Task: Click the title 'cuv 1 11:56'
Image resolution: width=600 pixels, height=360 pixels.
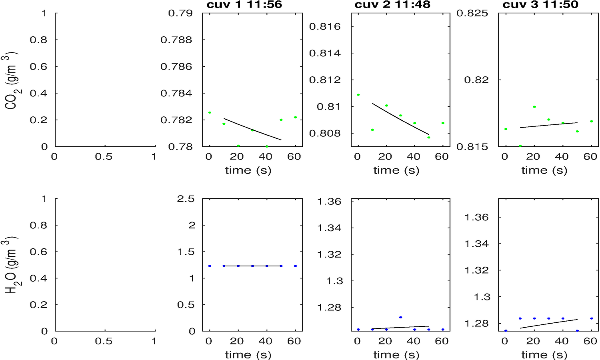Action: coord(244,5)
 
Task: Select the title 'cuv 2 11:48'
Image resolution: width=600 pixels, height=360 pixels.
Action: coord(392,5)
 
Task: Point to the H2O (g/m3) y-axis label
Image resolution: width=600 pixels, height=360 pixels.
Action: coord(11,266)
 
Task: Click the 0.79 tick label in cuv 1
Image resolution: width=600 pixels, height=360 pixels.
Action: coord(180,13)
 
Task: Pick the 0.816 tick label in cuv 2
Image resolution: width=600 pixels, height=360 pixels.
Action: coord(325,27)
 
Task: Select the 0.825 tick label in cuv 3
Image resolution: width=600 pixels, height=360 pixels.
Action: coord(472,13)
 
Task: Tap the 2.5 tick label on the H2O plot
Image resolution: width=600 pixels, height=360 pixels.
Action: coord(186,199)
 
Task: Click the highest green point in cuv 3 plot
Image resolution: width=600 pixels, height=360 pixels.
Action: coord(534,107)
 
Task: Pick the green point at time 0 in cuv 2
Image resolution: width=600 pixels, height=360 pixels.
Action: coord(358,95)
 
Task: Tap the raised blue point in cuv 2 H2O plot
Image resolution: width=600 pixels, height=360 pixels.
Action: coord(400,317)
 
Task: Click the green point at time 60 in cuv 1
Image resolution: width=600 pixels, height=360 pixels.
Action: coord(295,117)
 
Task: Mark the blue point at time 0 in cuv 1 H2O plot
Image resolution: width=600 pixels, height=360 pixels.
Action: coord(210,266)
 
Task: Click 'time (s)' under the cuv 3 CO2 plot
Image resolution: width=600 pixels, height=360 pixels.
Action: coord(544,170)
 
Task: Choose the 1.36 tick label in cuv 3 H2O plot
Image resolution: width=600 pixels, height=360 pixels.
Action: coord(476,218)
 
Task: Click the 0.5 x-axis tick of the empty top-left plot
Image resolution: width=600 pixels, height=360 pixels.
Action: coord(104,157)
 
